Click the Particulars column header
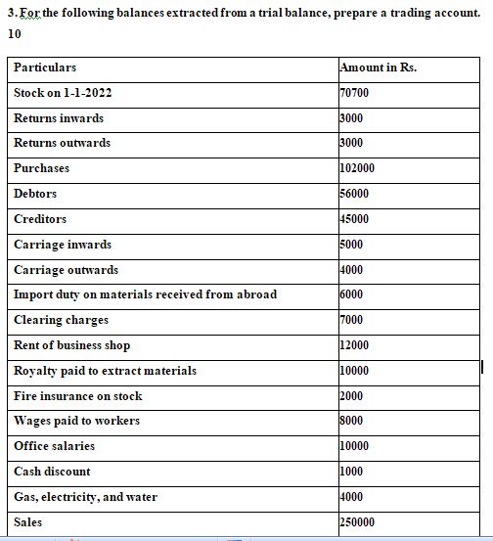45,68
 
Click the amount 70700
353,93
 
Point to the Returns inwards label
59,118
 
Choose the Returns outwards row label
62,143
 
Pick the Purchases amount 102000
357,168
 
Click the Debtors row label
35,194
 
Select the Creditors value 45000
353,219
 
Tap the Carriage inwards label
63,245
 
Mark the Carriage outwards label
66,270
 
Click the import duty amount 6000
351,294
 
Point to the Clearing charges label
61,320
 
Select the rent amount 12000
354,345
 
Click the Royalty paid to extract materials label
105,371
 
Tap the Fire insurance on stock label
77,396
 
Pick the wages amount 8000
351,421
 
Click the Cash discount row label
52,472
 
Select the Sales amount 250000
357,522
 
